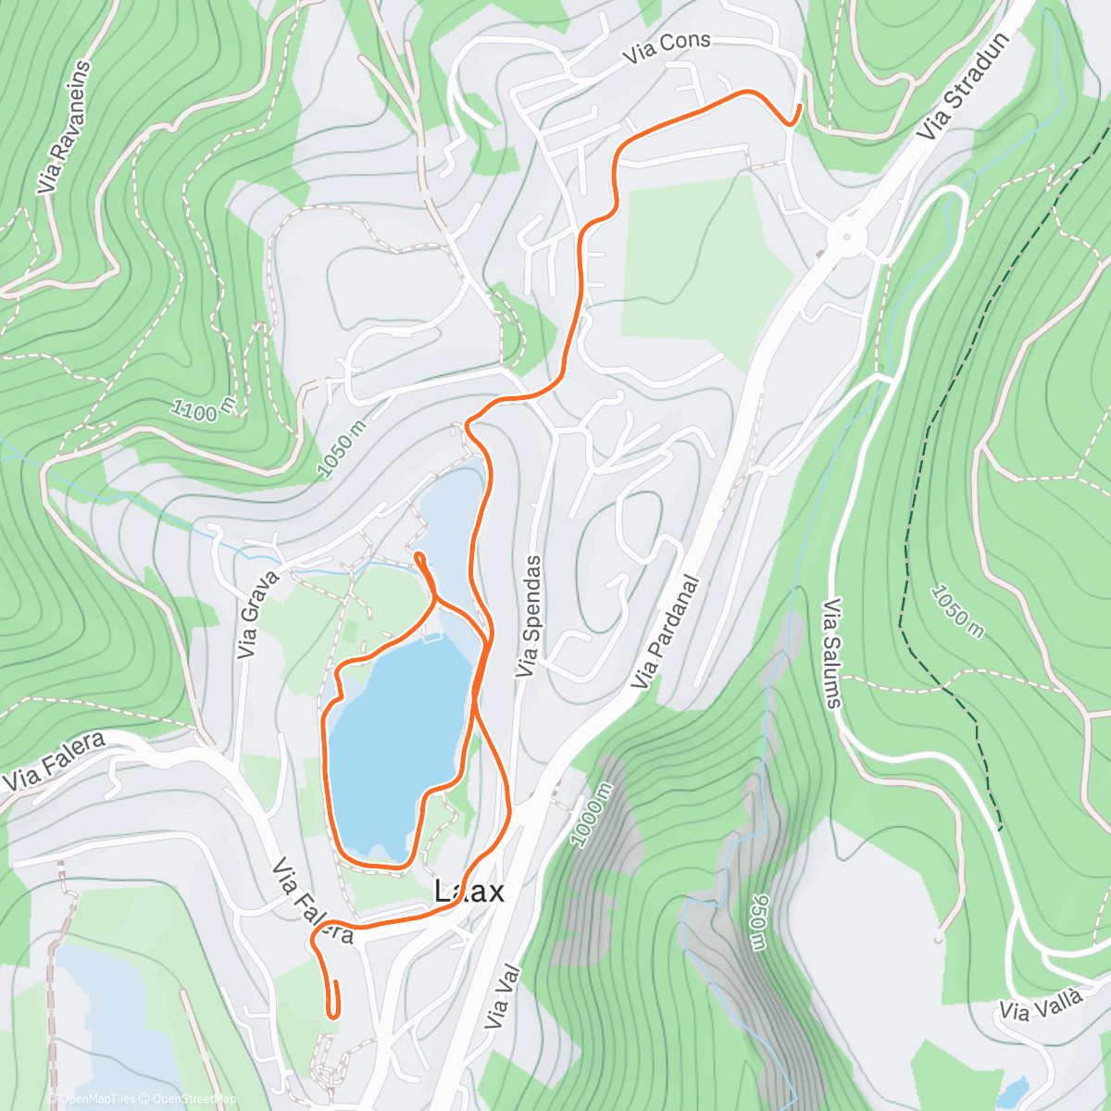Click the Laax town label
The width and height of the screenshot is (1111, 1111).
point(470,892)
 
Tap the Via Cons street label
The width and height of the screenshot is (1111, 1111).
point(667,47)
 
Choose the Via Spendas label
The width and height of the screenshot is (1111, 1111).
point(529,616)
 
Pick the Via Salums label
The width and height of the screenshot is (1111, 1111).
point(832,654)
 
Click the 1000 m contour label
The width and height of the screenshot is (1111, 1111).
point(592,816)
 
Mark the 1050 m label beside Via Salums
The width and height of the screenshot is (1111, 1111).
point(957,611)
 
